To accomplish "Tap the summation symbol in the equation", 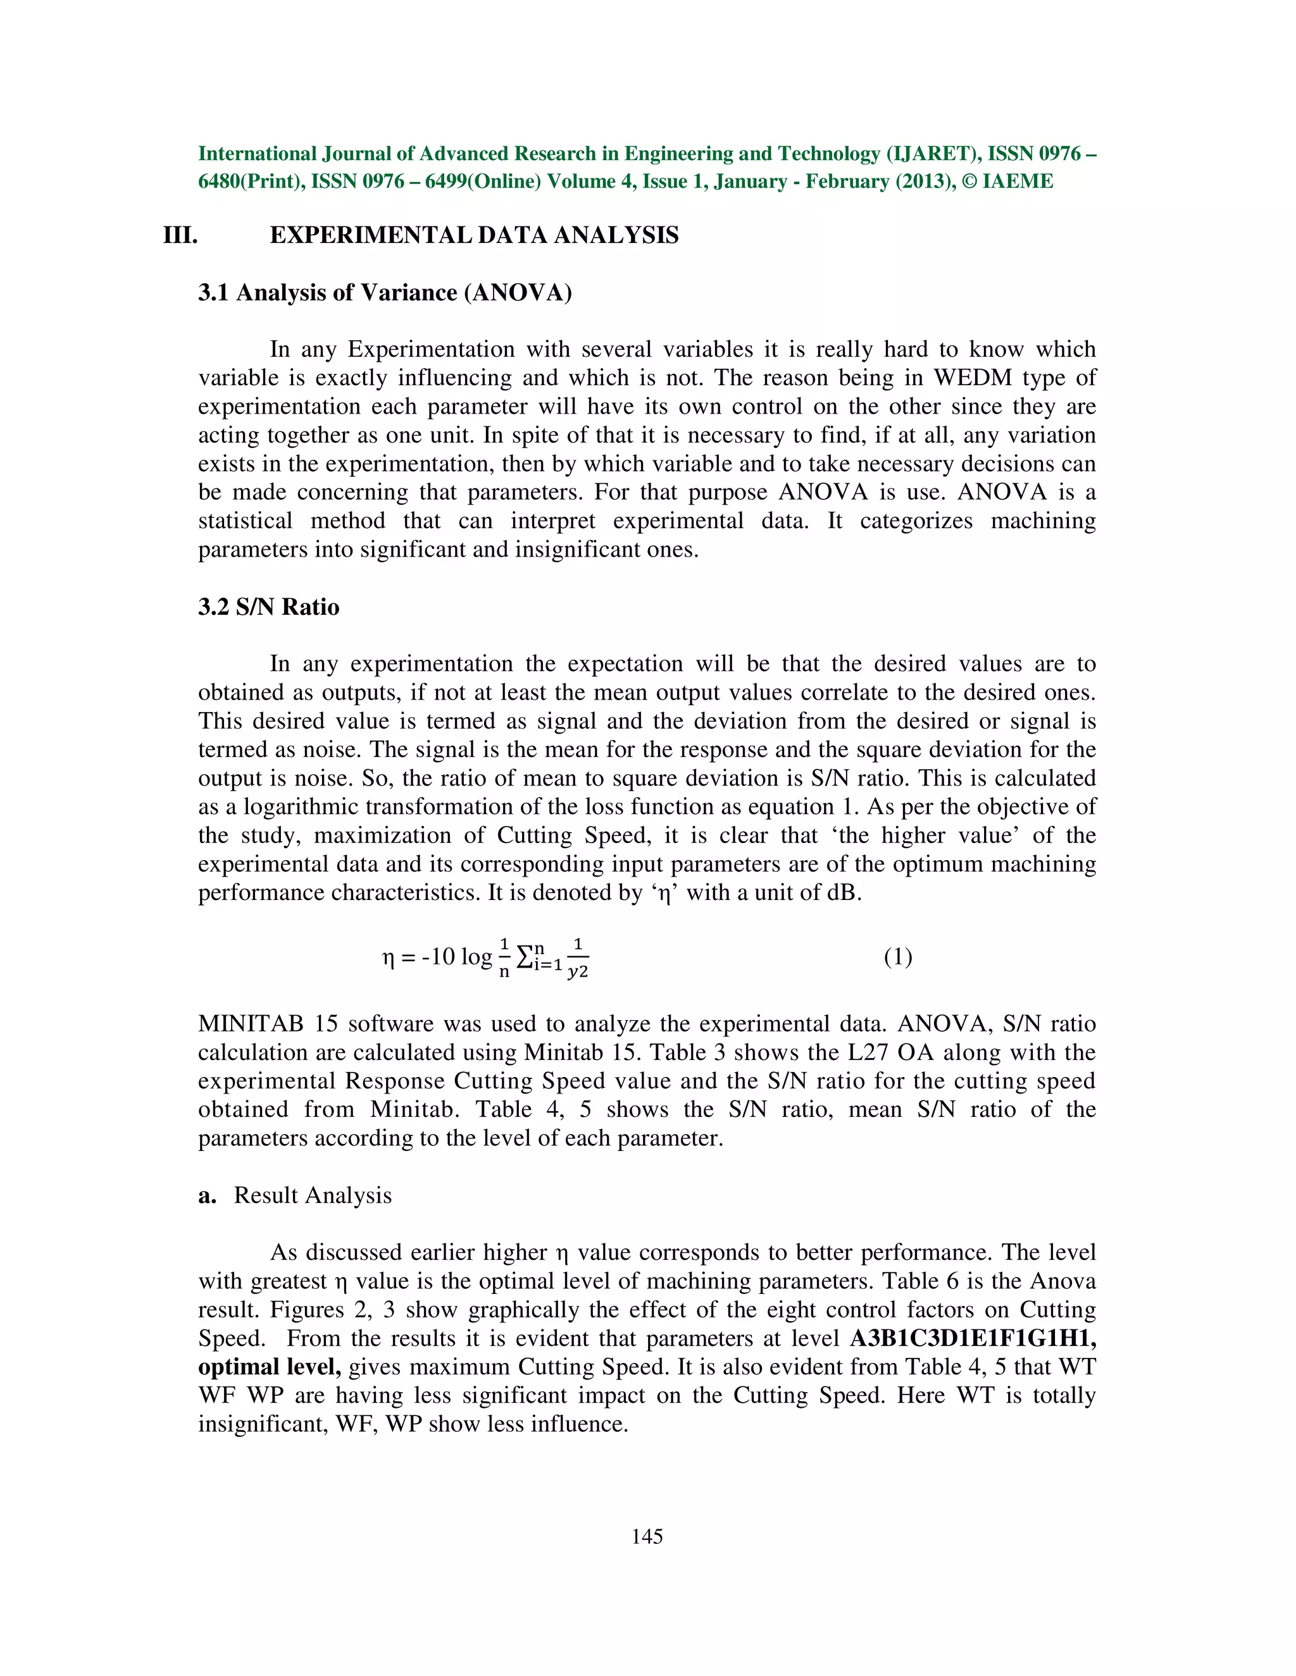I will [x=525, y=958].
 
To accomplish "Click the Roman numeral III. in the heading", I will [x=180, y=235].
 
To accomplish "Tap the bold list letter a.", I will [x=206, y=1195].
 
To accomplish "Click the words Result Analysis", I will [x=313, y=1195].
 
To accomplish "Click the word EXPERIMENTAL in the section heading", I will [x=370, y=235].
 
